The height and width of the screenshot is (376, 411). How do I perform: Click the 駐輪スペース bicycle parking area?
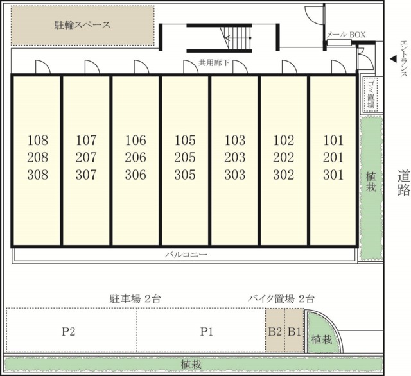pos(82,26)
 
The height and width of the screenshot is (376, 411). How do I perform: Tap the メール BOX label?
pos(347,35)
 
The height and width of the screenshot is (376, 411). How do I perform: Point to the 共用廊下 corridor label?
pos(214,63)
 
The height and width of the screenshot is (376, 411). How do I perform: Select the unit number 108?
pos(39,141)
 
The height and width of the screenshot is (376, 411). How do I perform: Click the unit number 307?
pos(86,175)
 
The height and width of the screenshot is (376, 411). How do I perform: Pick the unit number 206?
pos(136,158)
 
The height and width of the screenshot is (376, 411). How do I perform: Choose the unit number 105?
pos(185,141)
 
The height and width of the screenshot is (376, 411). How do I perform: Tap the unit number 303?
pos(234,175)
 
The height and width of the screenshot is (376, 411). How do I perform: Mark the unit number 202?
pos(283,158)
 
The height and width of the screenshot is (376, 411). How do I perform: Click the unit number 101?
pos(333,141)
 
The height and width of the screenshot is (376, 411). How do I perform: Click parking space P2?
pos(69,331)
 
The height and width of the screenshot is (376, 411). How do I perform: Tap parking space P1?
pos(205,331)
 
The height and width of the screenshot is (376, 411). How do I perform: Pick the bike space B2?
pos(275,331)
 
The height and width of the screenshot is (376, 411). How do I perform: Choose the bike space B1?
pos(294,331)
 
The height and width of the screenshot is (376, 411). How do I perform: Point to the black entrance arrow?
pos(392,59)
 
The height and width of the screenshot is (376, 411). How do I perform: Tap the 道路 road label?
pos(403,183)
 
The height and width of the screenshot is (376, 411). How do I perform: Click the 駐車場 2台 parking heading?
pos(135,298)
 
